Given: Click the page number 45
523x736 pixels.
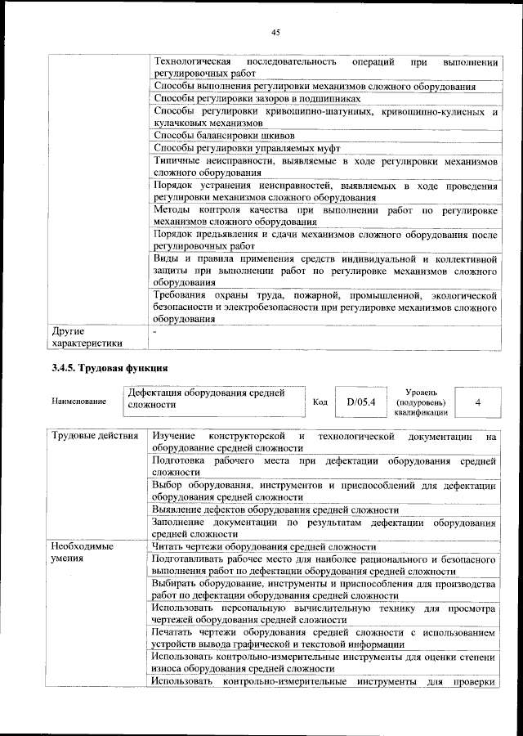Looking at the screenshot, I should (x=275, y=32).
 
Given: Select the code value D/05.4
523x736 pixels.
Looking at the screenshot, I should (x=360, y=402).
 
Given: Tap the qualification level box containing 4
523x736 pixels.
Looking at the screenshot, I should (x=476, y=402).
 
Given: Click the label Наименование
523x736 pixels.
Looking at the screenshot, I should (x=78, y=402).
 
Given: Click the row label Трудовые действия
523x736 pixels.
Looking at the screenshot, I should (x=95, y=436).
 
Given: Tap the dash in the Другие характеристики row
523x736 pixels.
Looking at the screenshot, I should (x=155, y=331).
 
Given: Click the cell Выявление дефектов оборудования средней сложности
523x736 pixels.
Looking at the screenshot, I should (x=270, y=509).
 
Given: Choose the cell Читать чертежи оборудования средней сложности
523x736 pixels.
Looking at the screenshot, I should (x=264, y=546).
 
